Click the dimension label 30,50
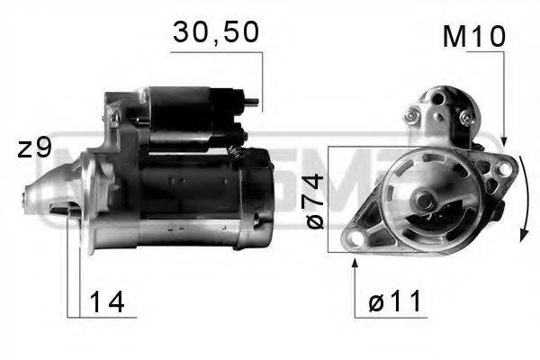(x=215, y=33)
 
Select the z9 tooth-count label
(x=35, y=149)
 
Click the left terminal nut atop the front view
(x=414, y=114)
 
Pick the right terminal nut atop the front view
(x=465, y=117)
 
